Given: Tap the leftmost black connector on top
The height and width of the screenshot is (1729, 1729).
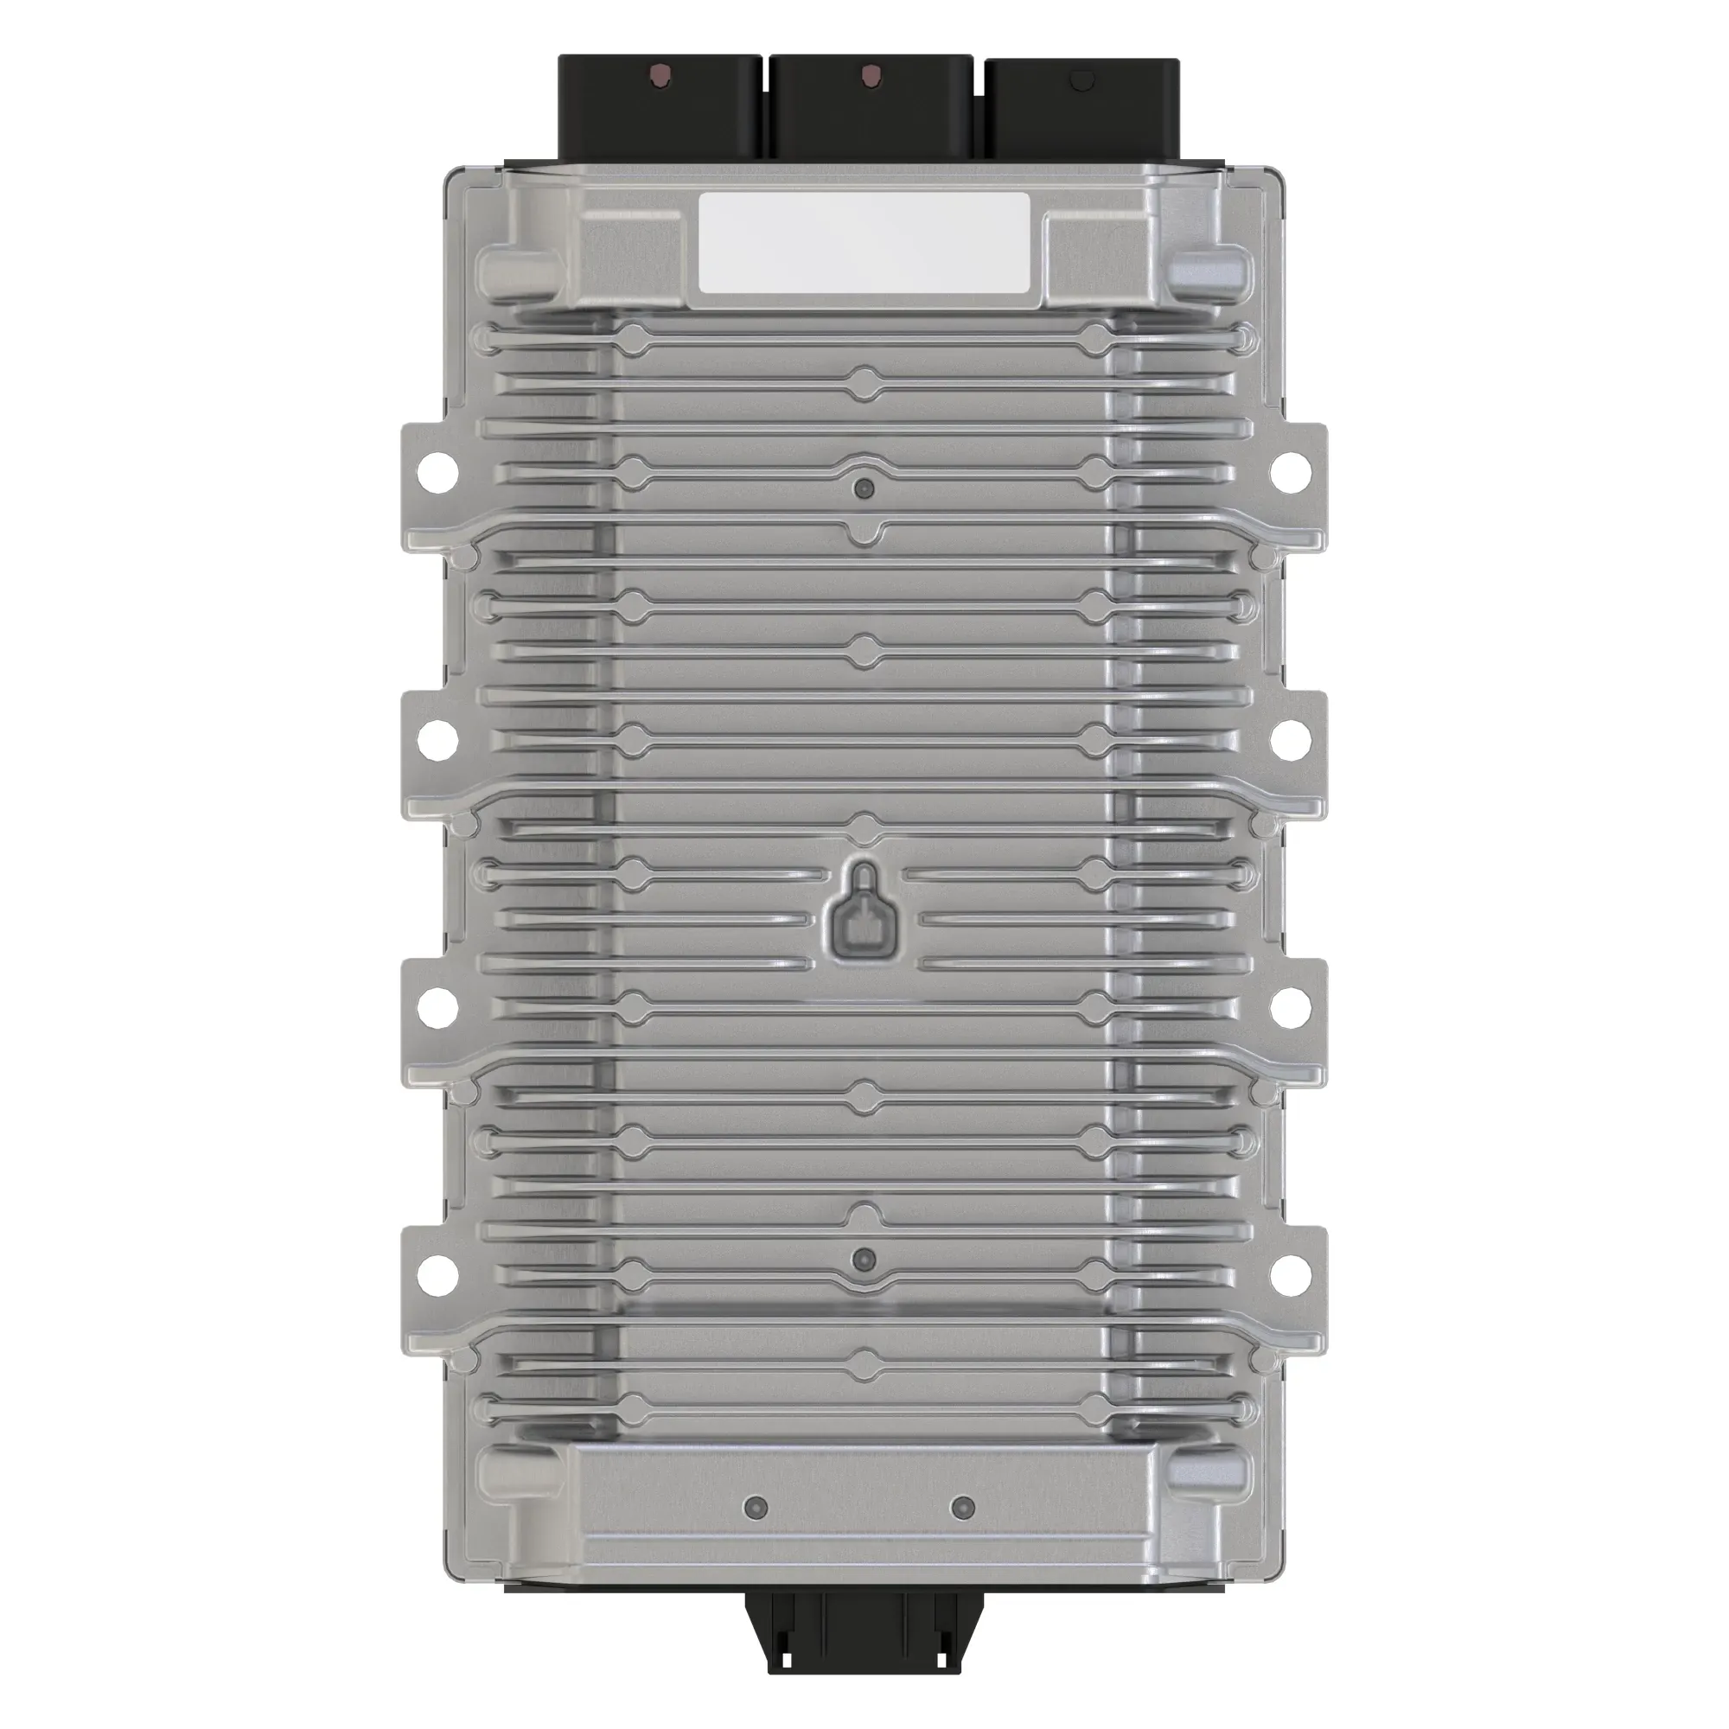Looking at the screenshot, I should click(660, 112).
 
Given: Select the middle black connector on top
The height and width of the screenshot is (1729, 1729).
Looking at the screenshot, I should click(870, 112).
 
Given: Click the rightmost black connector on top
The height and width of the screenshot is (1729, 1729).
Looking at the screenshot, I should click(1081, 112).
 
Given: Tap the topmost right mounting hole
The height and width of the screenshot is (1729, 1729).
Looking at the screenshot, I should click(1291, 469).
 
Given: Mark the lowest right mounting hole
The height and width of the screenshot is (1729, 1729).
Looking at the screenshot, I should click(1291, 1275).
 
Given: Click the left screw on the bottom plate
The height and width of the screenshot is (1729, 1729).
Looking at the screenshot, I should click(756, 1508).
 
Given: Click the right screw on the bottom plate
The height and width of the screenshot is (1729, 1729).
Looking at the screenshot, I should click(962, 1508).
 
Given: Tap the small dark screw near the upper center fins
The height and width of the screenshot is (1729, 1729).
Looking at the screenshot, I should click(864, 488).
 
